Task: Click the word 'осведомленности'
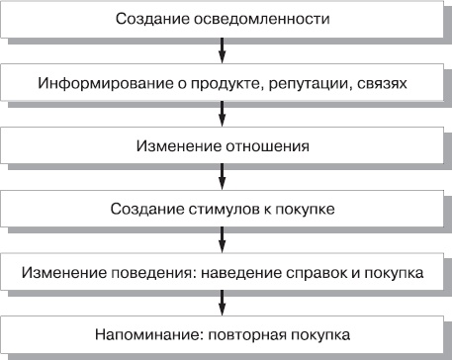(270, 20)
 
